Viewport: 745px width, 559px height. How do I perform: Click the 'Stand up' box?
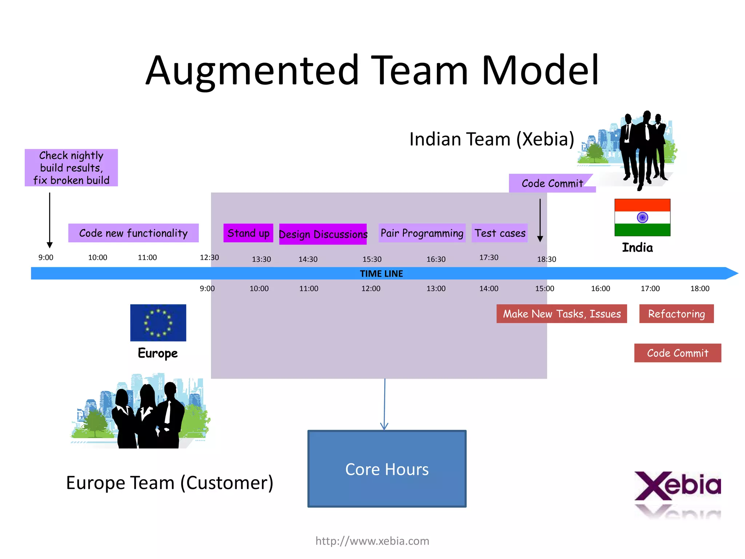tap(248, 233)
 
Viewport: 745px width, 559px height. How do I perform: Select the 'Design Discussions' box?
tap(323, 234)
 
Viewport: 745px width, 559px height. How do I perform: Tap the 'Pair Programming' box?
tap(422, 233)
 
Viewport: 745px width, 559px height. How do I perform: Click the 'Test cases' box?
tap(500, 233)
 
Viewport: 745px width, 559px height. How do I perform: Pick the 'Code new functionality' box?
tap(133, 233)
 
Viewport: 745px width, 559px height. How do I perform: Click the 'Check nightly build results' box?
tap(71, 168)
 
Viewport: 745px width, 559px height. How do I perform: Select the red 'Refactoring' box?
tap(676, 314)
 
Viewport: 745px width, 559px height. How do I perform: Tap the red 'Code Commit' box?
tap(677, 353)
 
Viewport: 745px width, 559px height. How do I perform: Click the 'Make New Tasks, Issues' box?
tap(561, 314)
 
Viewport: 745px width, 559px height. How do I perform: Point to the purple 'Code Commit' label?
tap(552, 183)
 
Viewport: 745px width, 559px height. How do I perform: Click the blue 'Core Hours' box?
tap(387, 469)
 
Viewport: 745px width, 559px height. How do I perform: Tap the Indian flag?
tap(642, 218)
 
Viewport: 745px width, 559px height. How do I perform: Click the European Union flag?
tap(158, 323)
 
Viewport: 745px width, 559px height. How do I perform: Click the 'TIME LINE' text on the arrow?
tap(381, 274)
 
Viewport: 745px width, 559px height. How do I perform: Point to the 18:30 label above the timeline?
tap(546, 259)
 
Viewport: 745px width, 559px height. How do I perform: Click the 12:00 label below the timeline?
tap(371, 289)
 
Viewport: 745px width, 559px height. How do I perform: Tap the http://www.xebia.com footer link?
tap(372, 541)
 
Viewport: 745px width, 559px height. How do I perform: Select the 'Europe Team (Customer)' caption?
tap(170, 483)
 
